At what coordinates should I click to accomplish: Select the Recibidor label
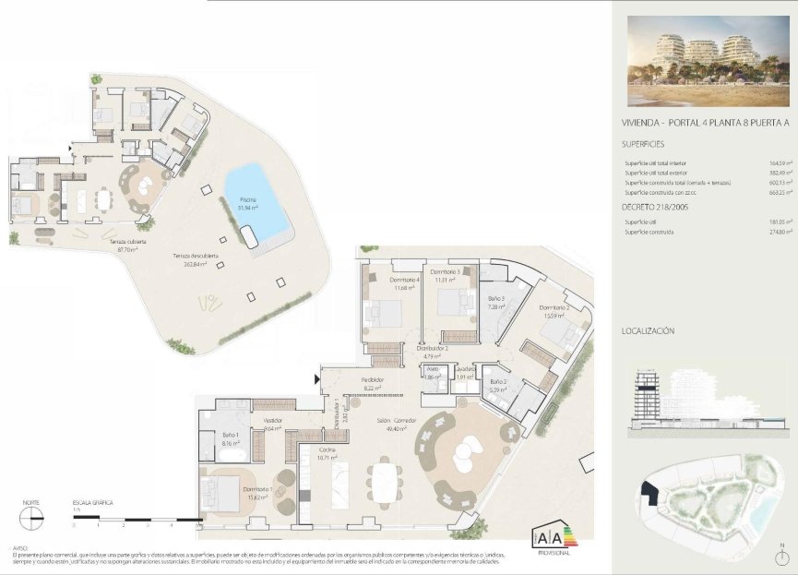[373, 384]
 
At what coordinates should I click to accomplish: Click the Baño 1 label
[231, 438]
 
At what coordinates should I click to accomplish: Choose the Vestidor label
[272, 424]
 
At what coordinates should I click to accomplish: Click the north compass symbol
[31, 515]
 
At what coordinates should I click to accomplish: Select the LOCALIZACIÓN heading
[649, 330]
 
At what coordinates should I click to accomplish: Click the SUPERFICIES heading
[643, 144]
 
